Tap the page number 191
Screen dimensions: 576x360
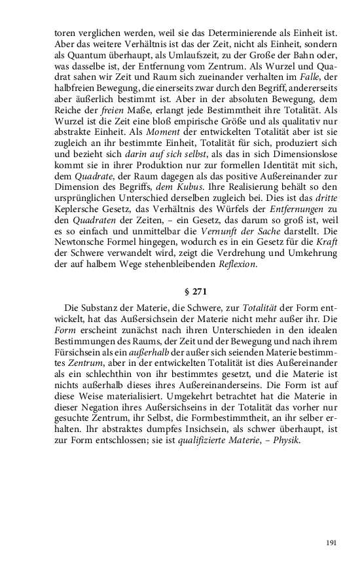click(x=331, y=543)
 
